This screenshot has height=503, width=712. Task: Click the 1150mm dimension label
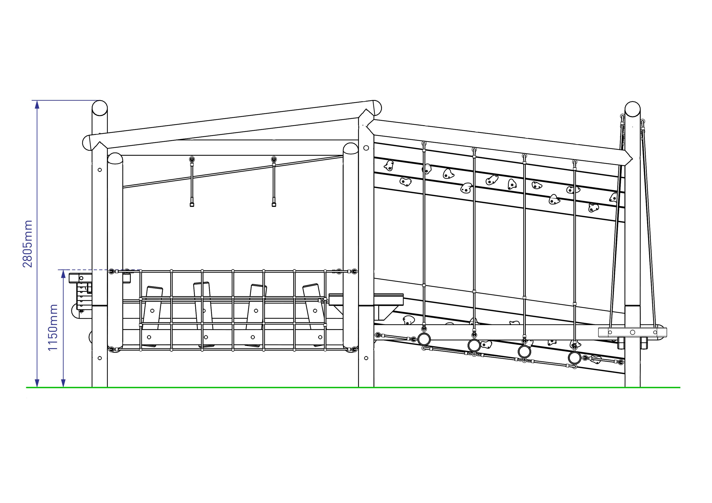pos(53,327)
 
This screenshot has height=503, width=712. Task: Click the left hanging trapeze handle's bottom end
pos(192,205)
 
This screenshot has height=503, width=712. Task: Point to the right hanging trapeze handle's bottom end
pos(274,205)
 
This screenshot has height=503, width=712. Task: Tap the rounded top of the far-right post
pos(633,109)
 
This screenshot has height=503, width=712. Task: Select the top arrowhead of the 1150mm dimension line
pos(64,274)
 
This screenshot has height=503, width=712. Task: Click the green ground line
pos(353,387)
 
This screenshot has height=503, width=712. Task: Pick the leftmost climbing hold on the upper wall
pos(388,166)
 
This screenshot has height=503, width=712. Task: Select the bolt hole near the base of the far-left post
pos(99,358)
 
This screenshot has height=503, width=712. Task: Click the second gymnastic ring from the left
pos(474,345)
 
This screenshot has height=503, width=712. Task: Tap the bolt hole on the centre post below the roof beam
pos(366,148)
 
